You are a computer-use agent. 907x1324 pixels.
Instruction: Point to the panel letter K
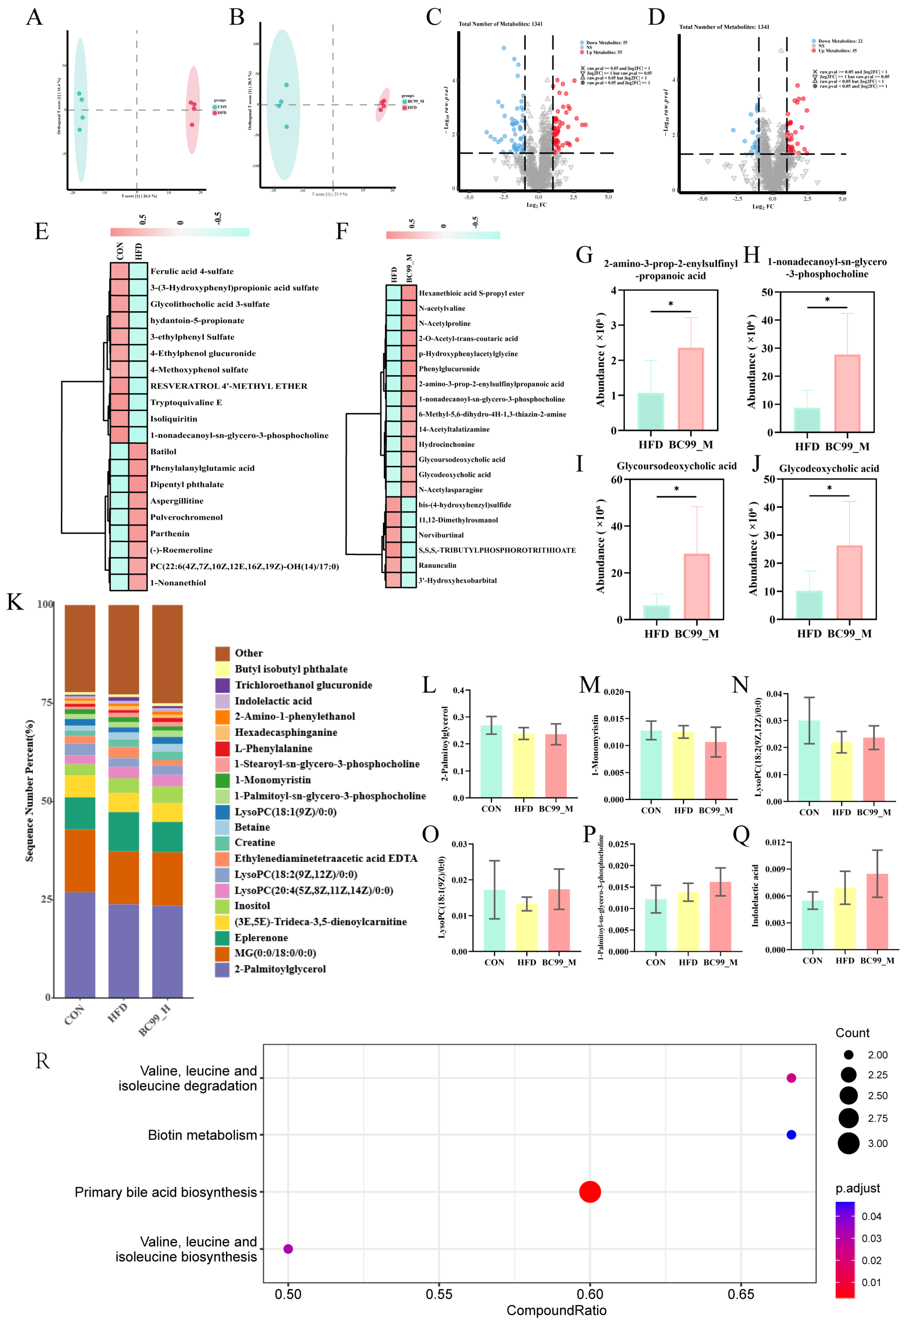click(x=15, y=602)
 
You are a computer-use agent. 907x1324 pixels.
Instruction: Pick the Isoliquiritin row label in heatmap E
click(x=174, y=419)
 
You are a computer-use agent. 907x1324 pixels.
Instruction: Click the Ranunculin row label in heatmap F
click(x=438, y=565)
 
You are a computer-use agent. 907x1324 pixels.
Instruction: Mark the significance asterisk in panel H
click(x=827, y=300)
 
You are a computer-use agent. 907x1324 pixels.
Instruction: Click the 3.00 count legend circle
click(x=848, y=1143)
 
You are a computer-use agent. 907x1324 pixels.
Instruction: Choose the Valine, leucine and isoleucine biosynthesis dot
click(x=288, y=1249)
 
